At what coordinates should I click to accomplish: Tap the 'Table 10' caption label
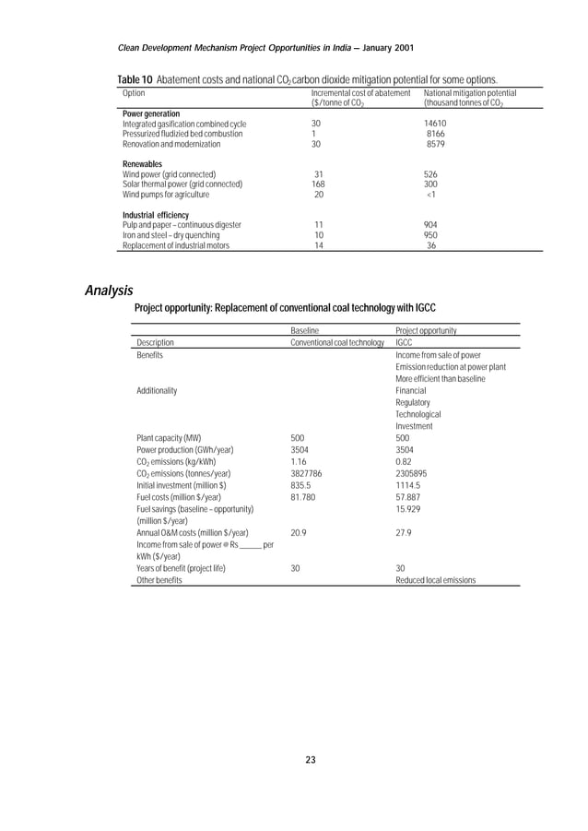[x=135, y=80]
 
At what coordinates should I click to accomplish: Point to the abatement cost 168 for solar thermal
[x=319, y=184]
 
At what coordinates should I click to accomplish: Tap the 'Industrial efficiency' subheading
[x=156, y=215]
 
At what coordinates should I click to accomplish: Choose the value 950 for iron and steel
[x=430, y=235]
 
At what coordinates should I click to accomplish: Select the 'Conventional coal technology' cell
[x=337, y=342]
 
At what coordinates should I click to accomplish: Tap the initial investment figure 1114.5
[x=408, y=485]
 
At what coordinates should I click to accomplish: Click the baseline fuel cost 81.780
[x=304, y=497]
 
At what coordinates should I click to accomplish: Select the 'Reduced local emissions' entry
[x=435, y=581]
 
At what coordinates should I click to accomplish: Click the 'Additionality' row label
[x=158, y=390]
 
